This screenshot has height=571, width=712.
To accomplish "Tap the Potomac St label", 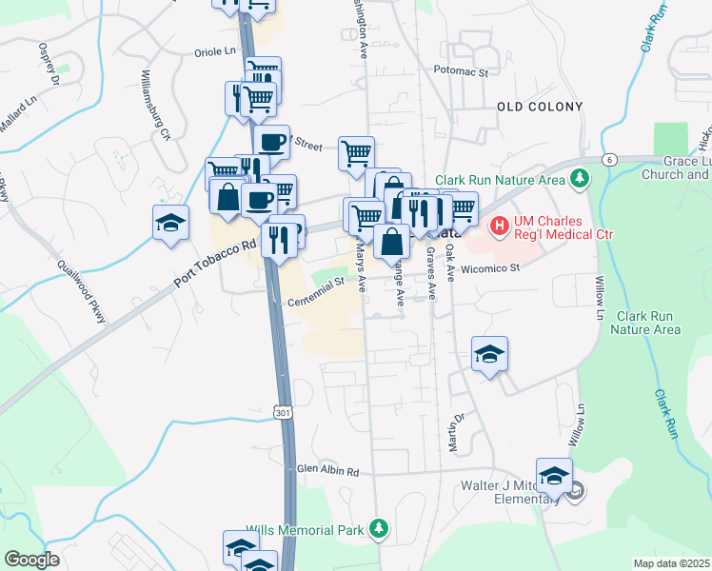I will point(460,71).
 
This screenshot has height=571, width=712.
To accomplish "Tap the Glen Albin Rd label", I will point(327,470).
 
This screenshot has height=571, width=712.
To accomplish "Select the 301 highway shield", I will point(282,412).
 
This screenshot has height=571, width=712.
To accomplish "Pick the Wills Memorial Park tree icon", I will point(379,527).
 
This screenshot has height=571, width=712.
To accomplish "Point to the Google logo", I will point(31,560).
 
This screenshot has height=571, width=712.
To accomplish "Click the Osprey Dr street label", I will point(49,64).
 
